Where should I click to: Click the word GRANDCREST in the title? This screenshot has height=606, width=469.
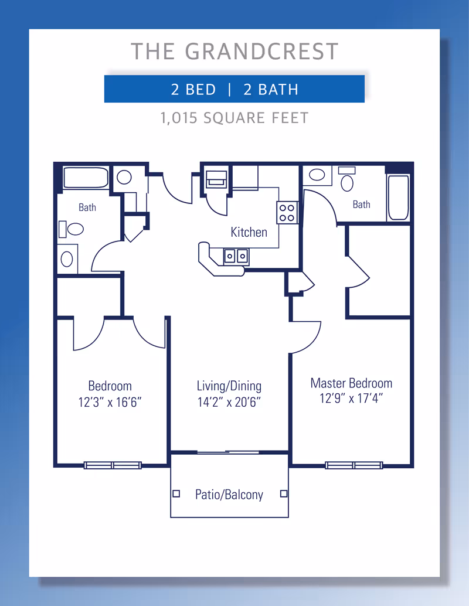coord(261,52)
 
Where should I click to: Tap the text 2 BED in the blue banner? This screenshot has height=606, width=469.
coord(193,90)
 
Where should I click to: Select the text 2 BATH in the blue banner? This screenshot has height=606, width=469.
coord(271,90)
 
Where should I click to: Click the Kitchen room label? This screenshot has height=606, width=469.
coord(249,232)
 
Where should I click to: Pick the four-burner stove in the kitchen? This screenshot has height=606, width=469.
coord(287,213)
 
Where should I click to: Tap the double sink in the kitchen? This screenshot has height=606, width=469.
coord(236,256)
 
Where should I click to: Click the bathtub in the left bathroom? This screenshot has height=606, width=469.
coord(86,178)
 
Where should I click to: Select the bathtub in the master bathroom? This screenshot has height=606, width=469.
coord(398,198)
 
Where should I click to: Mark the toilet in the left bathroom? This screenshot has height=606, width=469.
coord(72,229)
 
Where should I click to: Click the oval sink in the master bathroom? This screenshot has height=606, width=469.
coord(317,175)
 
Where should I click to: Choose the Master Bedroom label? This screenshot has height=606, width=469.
coord(352,383)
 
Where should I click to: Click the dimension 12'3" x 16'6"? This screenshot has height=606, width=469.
coord(110,402)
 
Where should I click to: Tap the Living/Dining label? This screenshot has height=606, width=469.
coord(229,386)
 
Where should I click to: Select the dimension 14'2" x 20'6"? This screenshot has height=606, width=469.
coord(229,402)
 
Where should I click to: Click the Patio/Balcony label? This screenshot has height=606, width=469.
coord(229,494)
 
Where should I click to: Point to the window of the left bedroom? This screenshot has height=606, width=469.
coord(113,465)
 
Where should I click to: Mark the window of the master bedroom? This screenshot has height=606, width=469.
coord(354,465)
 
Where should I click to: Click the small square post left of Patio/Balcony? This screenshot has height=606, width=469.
coord(176,493)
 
